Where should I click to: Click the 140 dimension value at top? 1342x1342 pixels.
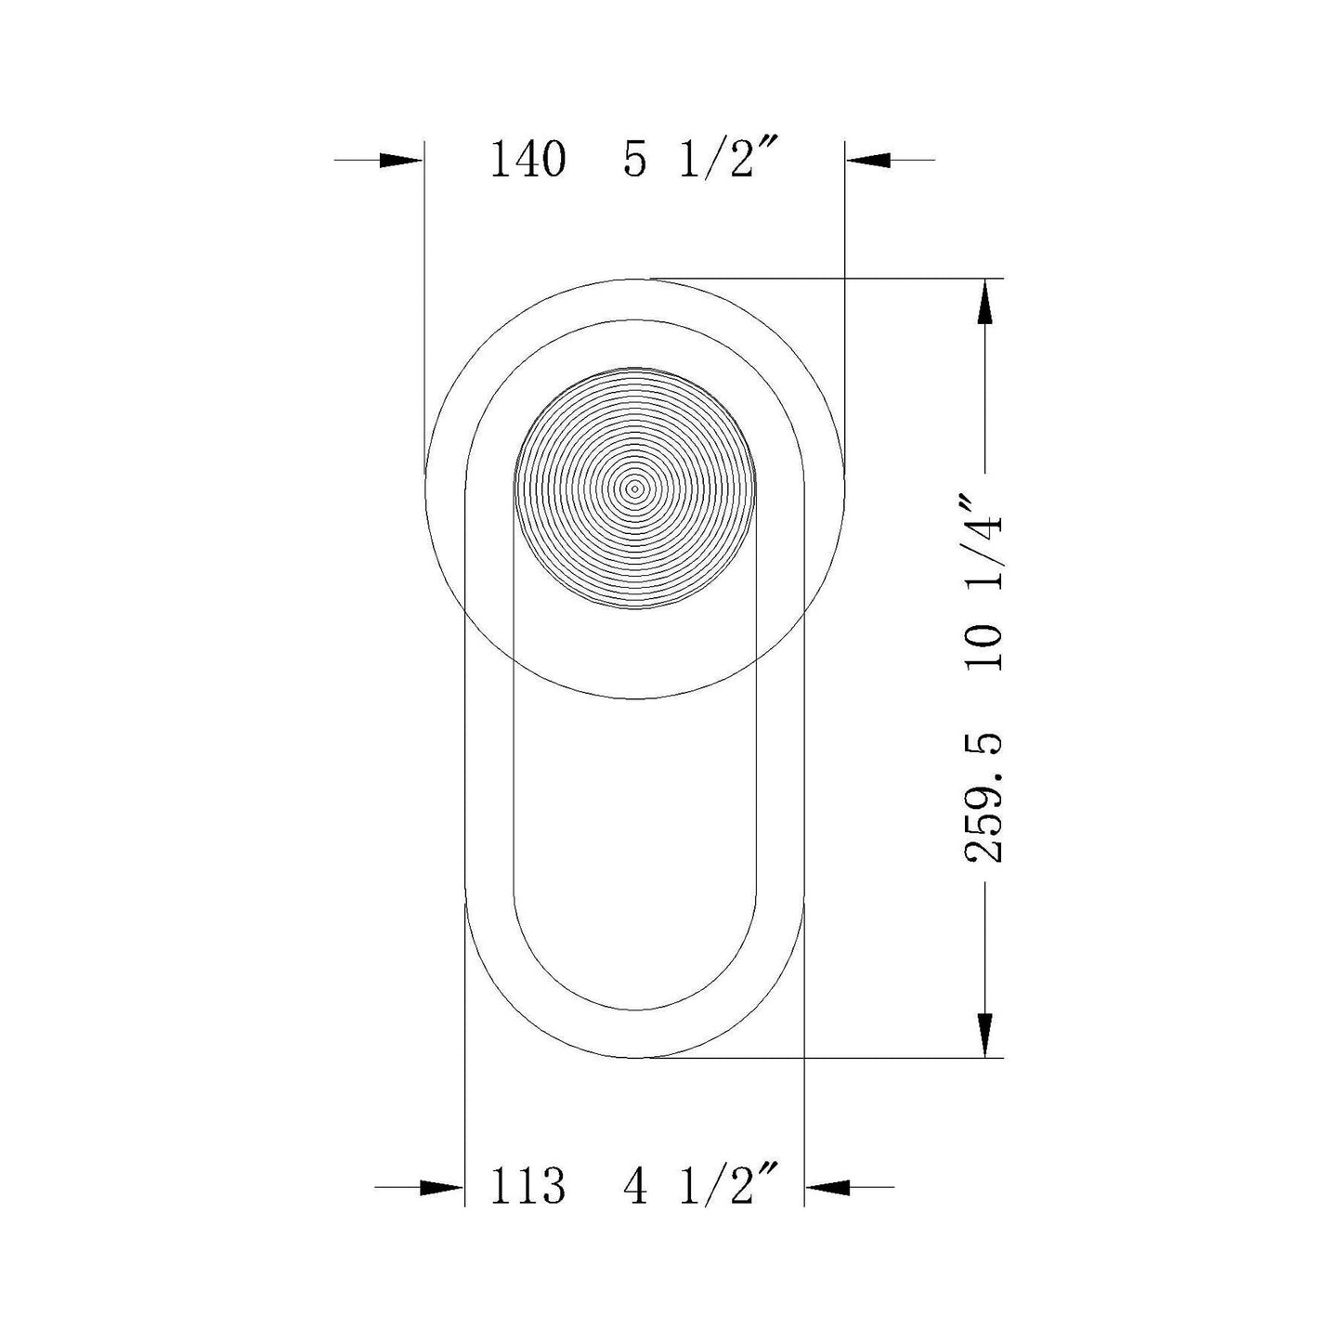coord(528,160)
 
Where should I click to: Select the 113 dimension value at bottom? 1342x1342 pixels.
coord(528,1186)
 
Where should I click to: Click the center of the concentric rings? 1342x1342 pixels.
coord(635,488)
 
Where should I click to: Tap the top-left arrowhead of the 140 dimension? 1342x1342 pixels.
coord(402,160)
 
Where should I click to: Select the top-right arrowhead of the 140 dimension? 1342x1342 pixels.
coord(867,160)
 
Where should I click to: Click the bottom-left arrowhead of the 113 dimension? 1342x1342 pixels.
coord(442,1187)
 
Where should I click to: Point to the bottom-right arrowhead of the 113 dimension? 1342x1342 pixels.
coord(827,1187)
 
